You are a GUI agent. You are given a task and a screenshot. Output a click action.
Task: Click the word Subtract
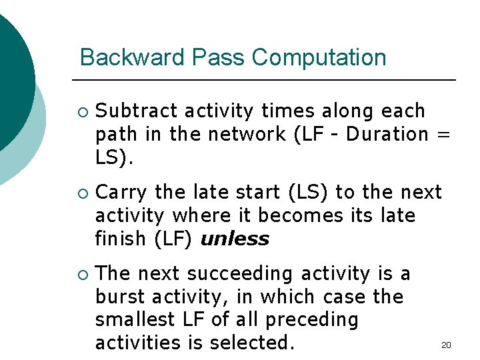click(137, 111)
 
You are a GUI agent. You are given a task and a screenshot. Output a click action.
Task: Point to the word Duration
click(387, 134)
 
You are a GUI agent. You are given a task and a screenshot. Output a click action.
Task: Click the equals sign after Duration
click(443, 134)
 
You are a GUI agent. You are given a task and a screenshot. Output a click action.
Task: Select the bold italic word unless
click(235, 239)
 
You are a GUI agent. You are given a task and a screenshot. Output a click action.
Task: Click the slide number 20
click(447, 345)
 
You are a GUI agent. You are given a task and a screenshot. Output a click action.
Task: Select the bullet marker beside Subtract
click(82, 111)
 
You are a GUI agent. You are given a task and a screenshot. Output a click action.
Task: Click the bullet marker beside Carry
click(82, 193)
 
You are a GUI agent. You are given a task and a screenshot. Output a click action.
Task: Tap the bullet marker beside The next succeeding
click(82, 275)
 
